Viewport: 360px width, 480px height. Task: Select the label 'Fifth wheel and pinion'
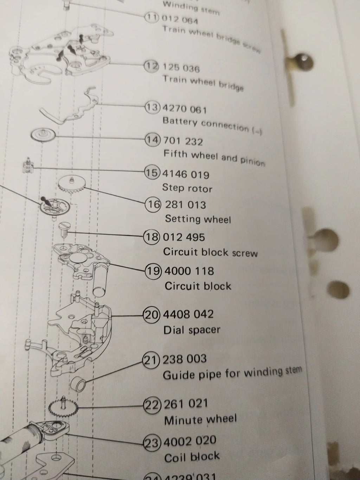coord(214,157)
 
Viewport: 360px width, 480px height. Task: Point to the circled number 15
coord(152,173)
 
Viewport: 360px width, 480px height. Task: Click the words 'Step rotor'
coord(187,188)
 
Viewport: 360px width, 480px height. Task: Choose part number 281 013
coord(185,205)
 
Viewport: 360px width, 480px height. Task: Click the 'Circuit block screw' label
coord(210,252)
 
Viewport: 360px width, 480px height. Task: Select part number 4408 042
coord(188,314)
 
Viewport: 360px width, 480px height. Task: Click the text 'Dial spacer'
coord(192,330)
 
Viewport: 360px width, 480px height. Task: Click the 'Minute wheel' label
coord(200,420)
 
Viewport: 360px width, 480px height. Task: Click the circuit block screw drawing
coord(64,226)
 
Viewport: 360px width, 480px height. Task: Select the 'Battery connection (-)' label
coord(213,125)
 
